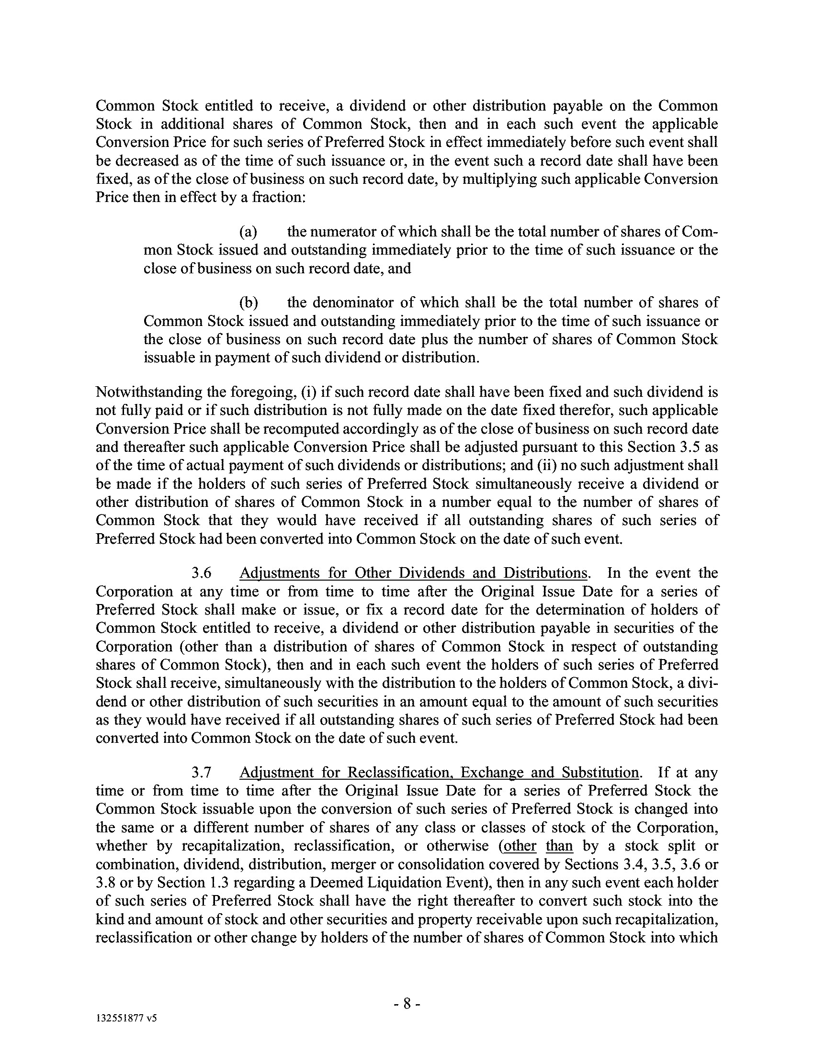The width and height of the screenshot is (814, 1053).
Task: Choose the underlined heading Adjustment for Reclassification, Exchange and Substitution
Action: tap(439, 773)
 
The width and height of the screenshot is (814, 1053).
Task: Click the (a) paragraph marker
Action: tap(249, 232)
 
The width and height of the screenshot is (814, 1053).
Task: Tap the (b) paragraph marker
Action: tap(249, 303)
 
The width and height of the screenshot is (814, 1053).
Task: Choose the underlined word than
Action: tap(559, 846)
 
